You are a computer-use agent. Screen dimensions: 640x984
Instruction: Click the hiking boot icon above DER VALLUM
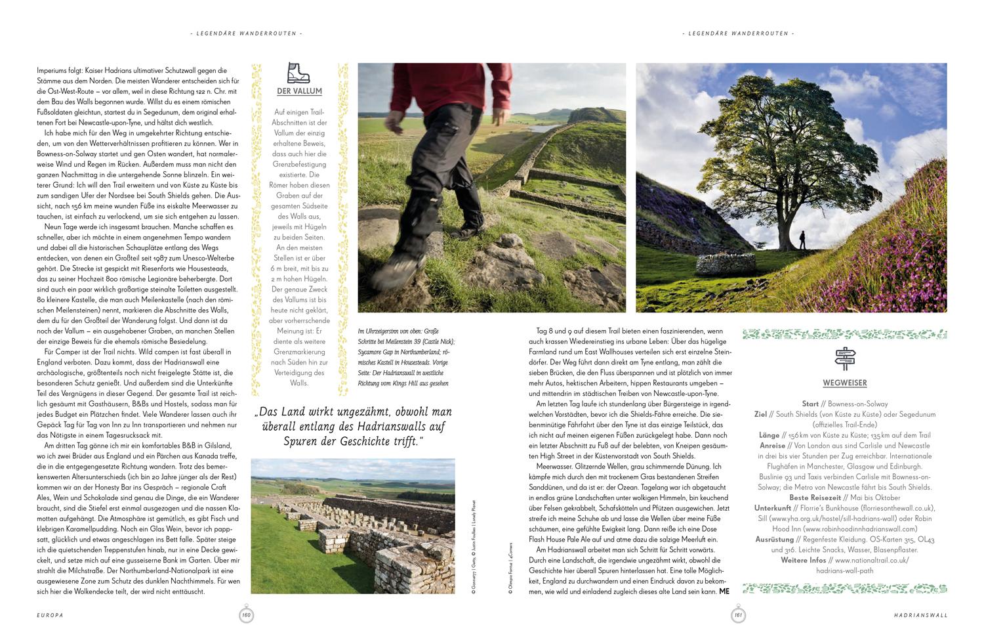(x=298, y=72)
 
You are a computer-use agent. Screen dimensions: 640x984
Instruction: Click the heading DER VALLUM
(x=299, y=92)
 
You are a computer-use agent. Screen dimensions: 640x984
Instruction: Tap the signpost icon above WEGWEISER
(x=845, y=358)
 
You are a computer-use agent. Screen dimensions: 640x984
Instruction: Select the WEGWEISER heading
(x=845, y=383)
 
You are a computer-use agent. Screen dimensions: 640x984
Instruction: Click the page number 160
(x=246, y=615)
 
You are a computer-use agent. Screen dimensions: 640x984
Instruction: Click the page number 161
(x=737, y=615)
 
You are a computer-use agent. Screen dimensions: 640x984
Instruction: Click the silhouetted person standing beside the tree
(x=802, y=240)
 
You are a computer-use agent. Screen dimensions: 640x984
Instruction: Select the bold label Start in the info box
(x=810, y=404)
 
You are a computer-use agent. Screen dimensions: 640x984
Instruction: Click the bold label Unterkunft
(x=772, y=508)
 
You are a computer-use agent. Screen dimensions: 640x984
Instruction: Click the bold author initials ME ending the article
(x=724, y=591)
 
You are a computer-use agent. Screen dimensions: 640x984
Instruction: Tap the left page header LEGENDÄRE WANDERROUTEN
(x=246, y=33)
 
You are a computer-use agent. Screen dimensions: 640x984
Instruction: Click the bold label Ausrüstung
(x=775, y=540)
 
